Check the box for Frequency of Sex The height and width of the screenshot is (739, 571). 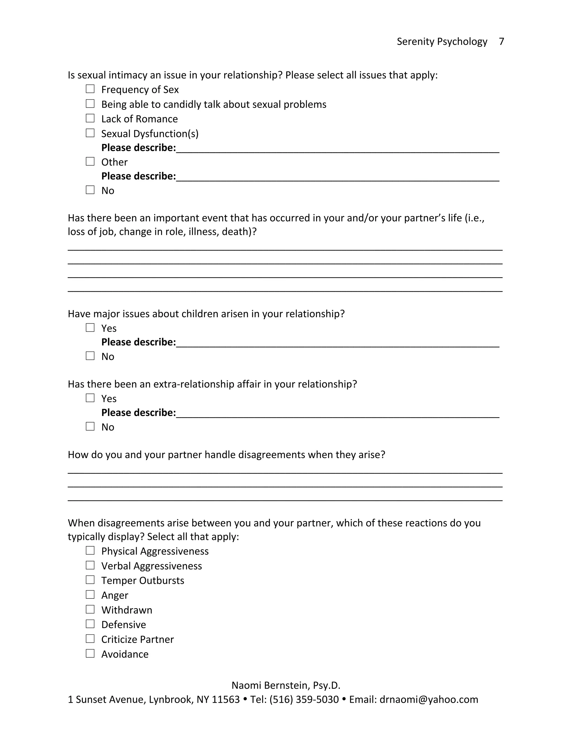pyautogui.click(x=90, y=89)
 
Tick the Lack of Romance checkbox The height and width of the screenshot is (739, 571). pyautogui.click(x=90, y=118)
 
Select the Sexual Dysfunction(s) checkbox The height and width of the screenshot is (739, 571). pyautogui.click(x=90, y=133)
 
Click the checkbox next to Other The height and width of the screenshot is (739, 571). pyautogui.click(x=90, y=161)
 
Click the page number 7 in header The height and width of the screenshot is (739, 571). pyautogui.click(x=501, y=41)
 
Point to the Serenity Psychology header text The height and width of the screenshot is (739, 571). pyautogui.click(x=442, y=41)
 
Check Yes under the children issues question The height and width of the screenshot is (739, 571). pyautogui.click(x=90, y=328)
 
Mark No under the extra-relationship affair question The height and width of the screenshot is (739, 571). pyautogui.click(x=90, y=426)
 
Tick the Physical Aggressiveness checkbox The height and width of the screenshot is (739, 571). pyautogui.click(x=90, y=550)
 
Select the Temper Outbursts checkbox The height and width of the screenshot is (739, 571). pyautogui.click(x=90, y=580)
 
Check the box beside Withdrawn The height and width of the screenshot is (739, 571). pyautogui.click(x=90, y=609)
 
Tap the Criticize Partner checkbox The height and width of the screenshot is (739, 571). pyautogui.click(x=90, y=639)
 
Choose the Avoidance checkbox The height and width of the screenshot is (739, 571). pyautogui.click(x=90, y=653)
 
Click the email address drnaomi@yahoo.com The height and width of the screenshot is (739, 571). pyautogui.click(x=429, y=699)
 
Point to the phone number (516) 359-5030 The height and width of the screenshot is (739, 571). pyautogui.click(x=304, y=699)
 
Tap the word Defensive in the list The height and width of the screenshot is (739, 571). pyautogui.click(x=124, y=625)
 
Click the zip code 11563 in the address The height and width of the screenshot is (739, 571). pyautogui.click(x=226, y=699)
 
